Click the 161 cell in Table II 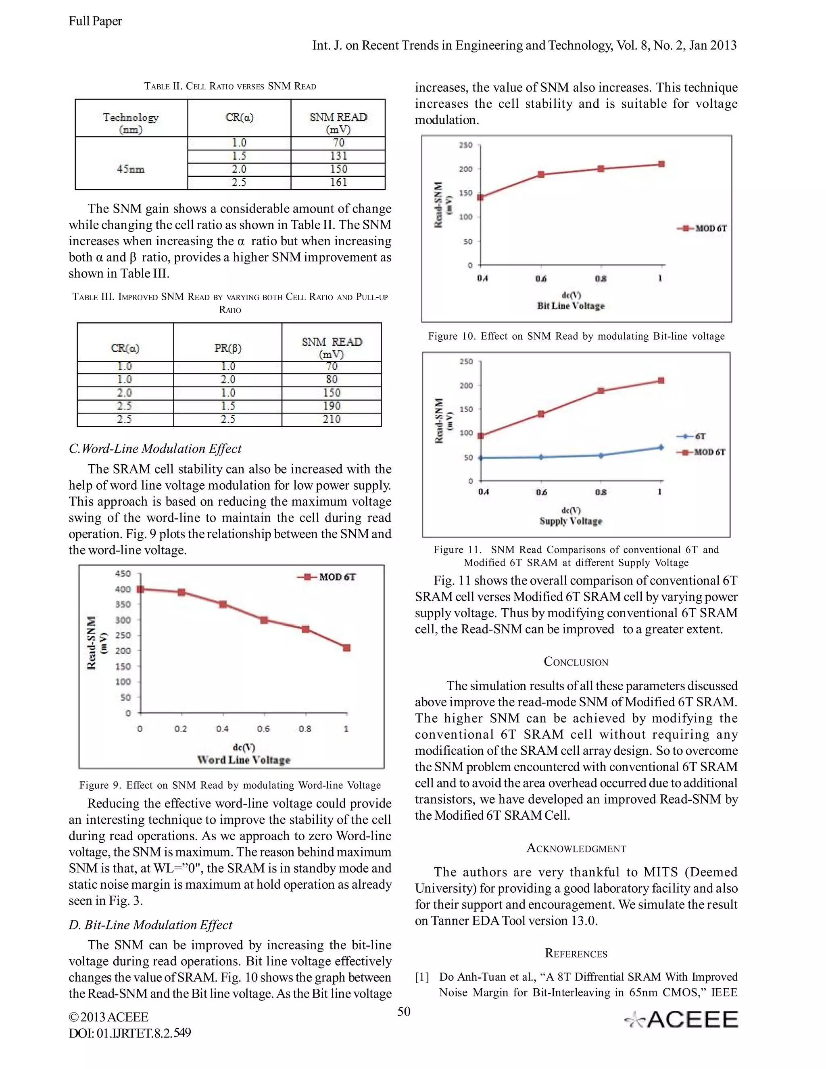[x=338, y=183]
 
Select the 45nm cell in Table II [x=131, y=169]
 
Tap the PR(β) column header [x=227, y=348]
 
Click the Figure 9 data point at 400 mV [x=140, y=589]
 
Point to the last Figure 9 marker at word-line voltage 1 [x=346, y=648]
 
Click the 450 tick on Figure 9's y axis [x=123, y=573]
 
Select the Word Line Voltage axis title [x=244, y=760]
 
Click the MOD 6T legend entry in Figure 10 [x=703, y=229]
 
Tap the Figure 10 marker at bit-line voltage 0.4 [x=480, y=198]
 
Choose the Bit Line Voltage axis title [x=571, y=306]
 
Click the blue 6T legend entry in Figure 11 [x=691, y=436]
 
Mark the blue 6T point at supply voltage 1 [x=661, y=447]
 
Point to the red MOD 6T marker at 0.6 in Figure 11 [x=541, y=414]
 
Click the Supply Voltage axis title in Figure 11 [x=571, y=521]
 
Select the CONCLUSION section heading [x=576, y=662]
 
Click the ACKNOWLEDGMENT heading [x=576, y=848]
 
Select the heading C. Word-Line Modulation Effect [x=155, y=449]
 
